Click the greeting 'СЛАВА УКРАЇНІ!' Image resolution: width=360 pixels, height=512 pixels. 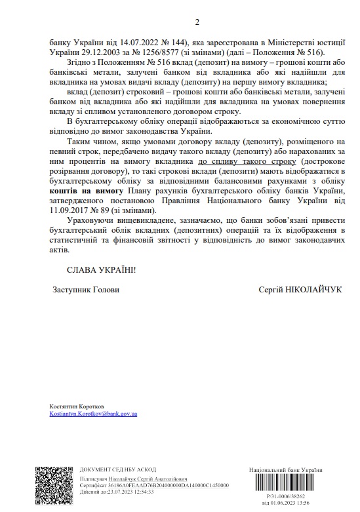coord(102,270)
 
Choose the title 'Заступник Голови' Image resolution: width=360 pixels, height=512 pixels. coord(85,289)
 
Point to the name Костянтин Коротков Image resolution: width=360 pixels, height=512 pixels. coord(76,406)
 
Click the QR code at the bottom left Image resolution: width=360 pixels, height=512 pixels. coord(52,486)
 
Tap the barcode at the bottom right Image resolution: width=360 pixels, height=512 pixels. coord(284,486)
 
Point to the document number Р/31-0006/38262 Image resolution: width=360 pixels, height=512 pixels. coord(285,498)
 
